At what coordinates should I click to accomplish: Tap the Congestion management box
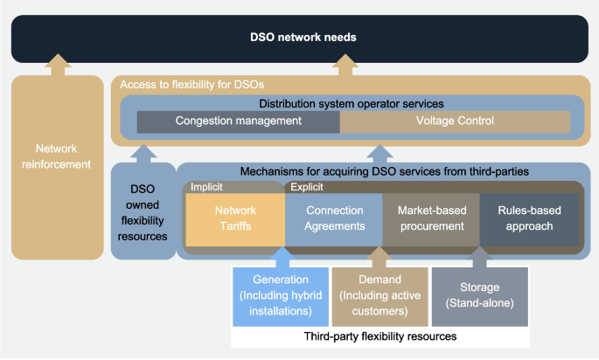tap(238, 121)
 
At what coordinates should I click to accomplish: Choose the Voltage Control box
tap(455, 121)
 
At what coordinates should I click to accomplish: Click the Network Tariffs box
tap(235, 218)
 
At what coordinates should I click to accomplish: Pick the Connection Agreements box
tap(334, 218)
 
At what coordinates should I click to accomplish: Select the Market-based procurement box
tap(430, 218)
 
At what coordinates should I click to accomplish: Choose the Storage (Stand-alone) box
tap(479, 294)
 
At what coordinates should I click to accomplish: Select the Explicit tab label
tap(305, 186)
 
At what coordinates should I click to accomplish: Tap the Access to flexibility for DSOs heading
tap(192, 84)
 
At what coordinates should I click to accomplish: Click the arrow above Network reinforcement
tap(57, 64)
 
